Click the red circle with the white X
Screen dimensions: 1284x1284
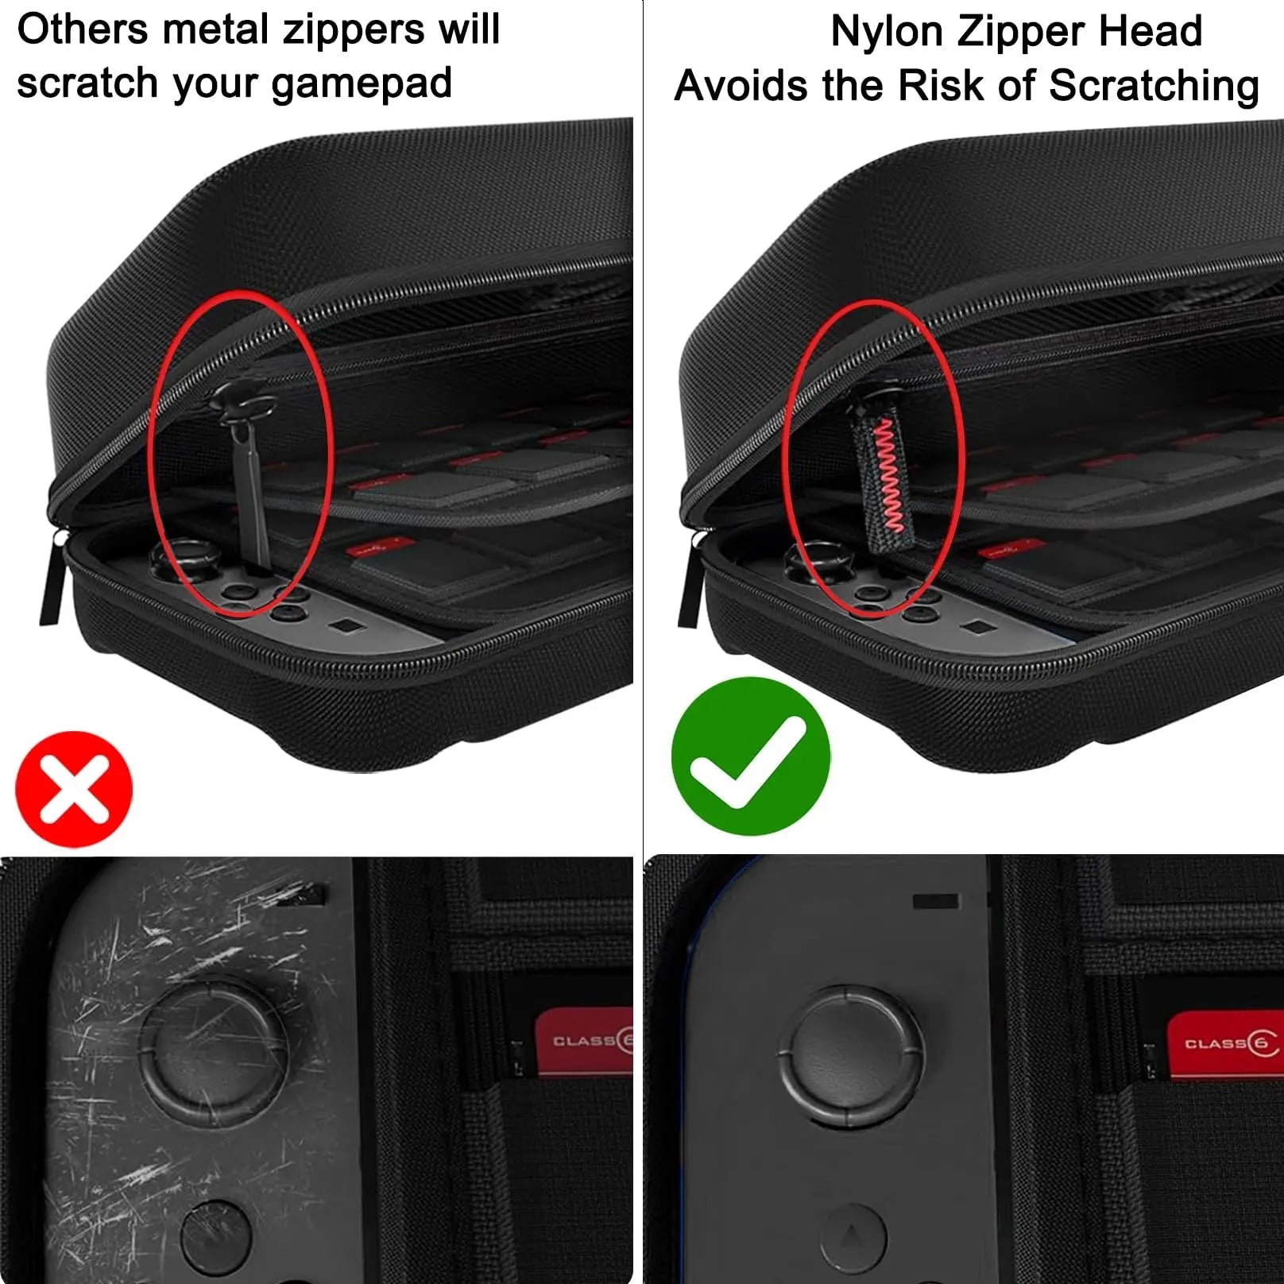(x=74, y=788)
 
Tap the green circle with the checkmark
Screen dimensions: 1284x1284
(x=750, y=756)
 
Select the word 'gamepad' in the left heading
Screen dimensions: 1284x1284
(x=362, y=84)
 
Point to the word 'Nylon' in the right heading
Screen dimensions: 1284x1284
(x=887, y=33)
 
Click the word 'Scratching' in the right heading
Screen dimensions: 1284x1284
(x=1154, y=86)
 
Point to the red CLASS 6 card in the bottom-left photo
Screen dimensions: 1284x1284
(x=584, y=1040)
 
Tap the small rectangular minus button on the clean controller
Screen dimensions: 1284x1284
(x=935, y=901)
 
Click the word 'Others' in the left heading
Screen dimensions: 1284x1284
(x=83, y=30)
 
